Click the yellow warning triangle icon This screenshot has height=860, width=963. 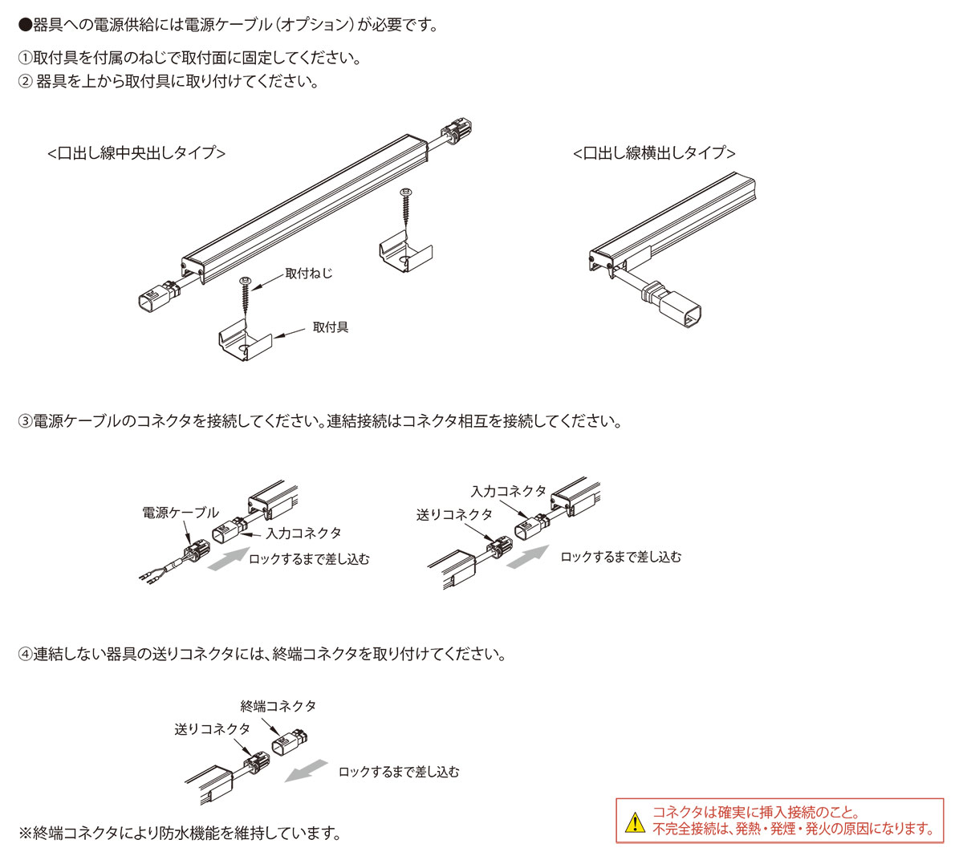coord(635,821)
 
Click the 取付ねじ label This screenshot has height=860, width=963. coord(308,274)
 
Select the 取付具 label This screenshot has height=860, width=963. coord(331,327)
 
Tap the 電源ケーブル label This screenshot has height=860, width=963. coord(180,513)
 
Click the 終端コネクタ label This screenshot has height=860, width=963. coord(278,706)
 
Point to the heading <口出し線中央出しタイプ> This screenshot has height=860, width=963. coord(136,152)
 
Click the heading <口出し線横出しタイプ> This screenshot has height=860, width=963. coord(654,152)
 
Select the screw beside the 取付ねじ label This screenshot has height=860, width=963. coord(246,298)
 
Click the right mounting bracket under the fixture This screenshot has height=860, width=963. coord(405,254)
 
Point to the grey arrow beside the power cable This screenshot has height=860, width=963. coord(228,558)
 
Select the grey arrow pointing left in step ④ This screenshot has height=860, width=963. coord(307,771)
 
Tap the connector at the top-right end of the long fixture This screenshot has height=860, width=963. coord(456,132)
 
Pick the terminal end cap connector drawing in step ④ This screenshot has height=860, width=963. coord(291,744)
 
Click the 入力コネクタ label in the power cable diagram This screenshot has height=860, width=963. coord(303,533)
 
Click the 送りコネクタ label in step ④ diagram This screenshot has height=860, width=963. coord(213,729)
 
